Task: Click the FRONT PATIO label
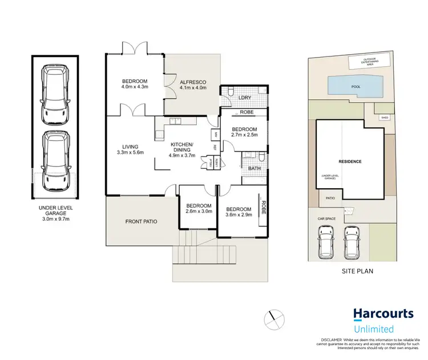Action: click(x=142, y=221)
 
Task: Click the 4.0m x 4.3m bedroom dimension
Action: click(x=135, y=87)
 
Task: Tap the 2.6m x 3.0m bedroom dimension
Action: click(x=199, y=211)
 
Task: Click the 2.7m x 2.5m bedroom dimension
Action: click(x=245, y=135)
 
